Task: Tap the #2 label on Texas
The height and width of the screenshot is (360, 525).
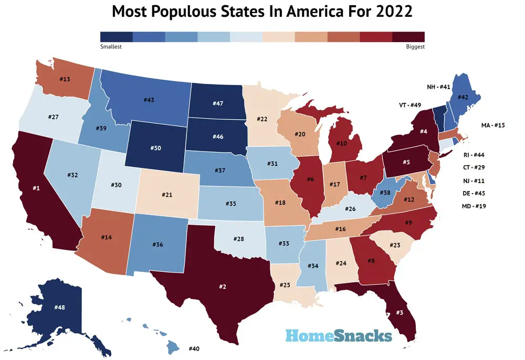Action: [222, 287]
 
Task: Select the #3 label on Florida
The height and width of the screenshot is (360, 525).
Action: [400, 313]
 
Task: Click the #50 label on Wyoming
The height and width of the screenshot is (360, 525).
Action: [155, 149]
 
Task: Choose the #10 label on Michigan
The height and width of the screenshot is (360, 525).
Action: [341, 143]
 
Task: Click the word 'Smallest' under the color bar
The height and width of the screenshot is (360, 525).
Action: [111, 47]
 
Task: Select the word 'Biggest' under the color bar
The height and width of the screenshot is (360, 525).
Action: [415, 47]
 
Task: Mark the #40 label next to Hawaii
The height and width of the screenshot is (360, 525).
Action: [194, 348]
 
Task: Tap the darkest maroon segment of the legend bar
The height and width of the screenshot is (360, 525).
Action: [408, 36]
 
